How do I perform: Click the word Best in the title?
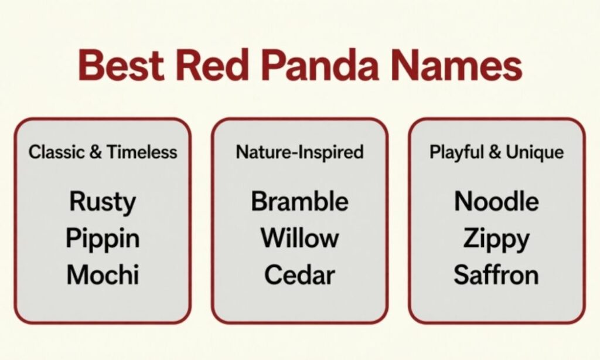[x=122, y=66]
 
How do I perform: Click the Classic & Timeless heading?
[x=103, y=152]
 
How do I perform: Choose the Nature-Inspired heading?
[x=299, y=152]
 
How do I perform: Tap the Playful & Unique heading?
[x=496, y=152]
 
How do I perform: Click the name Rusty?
[x=103, y=202]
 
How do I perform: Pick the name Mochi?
[x=103, y=275]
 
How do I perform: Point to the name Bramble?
[x=299, y=202]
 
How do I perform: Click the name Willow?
[x=299, y=239]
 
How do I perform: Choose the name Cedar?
[x=299, y=275]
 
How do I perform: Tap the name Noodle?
[x=496, y=202]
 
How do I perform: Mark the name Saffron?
[x=496, y=275]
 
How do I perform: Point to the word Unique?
[x=534, y=152]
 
